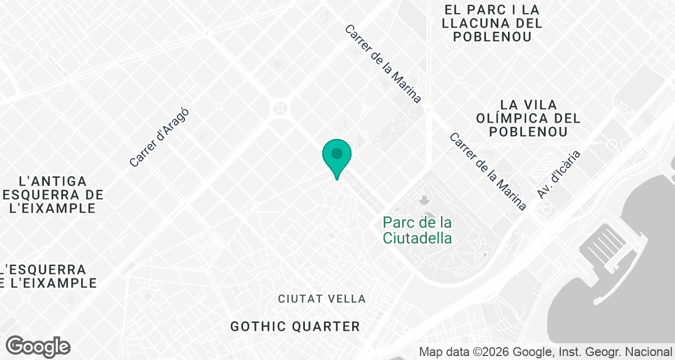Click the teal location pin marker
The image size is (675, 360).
337,158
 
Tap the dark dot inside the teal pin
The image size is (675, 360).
337,153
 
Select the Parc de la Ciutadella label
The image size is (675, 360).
417,230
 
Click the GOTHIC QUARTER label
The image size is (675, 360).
295,326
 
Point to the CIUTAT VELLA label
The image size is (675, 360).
322,299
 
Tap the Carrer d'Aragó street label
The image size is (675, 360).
158,138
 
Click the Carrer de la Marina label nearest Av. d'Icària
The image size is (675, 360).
488,172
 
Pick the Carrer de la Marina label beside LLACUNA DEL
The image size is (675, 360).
383,64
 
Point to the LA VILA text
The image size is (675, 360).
528,105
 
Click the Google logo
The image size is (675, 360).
38,346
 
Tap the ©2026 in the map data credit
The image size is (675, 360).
494,352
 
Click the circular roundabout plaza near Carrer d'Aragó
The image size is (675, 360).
280,107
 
